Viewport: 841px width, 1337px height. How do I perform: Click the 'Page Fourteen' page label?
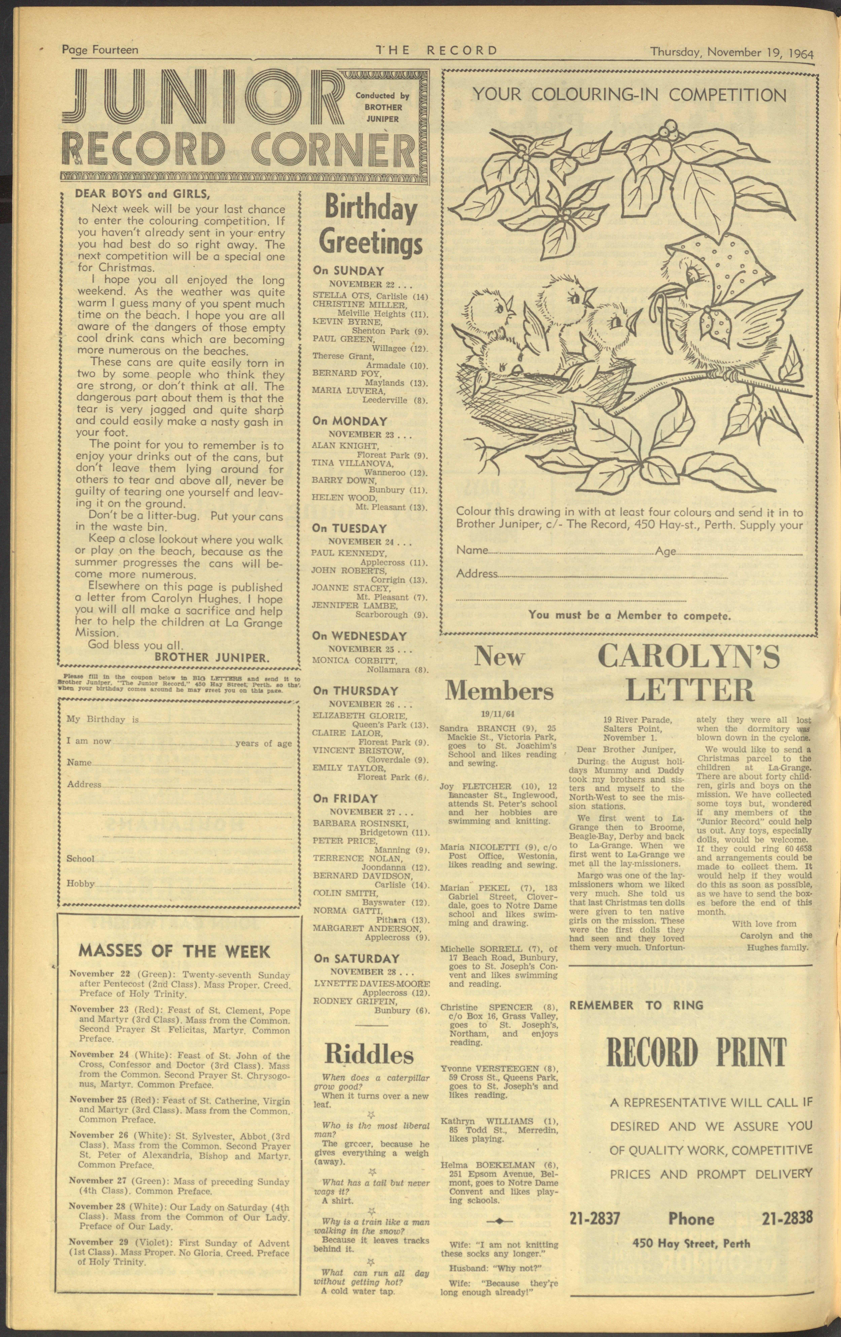pyautogui.click(x=100, y=51)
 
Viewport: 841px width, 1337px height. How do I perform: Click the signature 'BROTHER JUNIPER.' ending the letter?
pyautogui.click(x=212, y=657)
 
